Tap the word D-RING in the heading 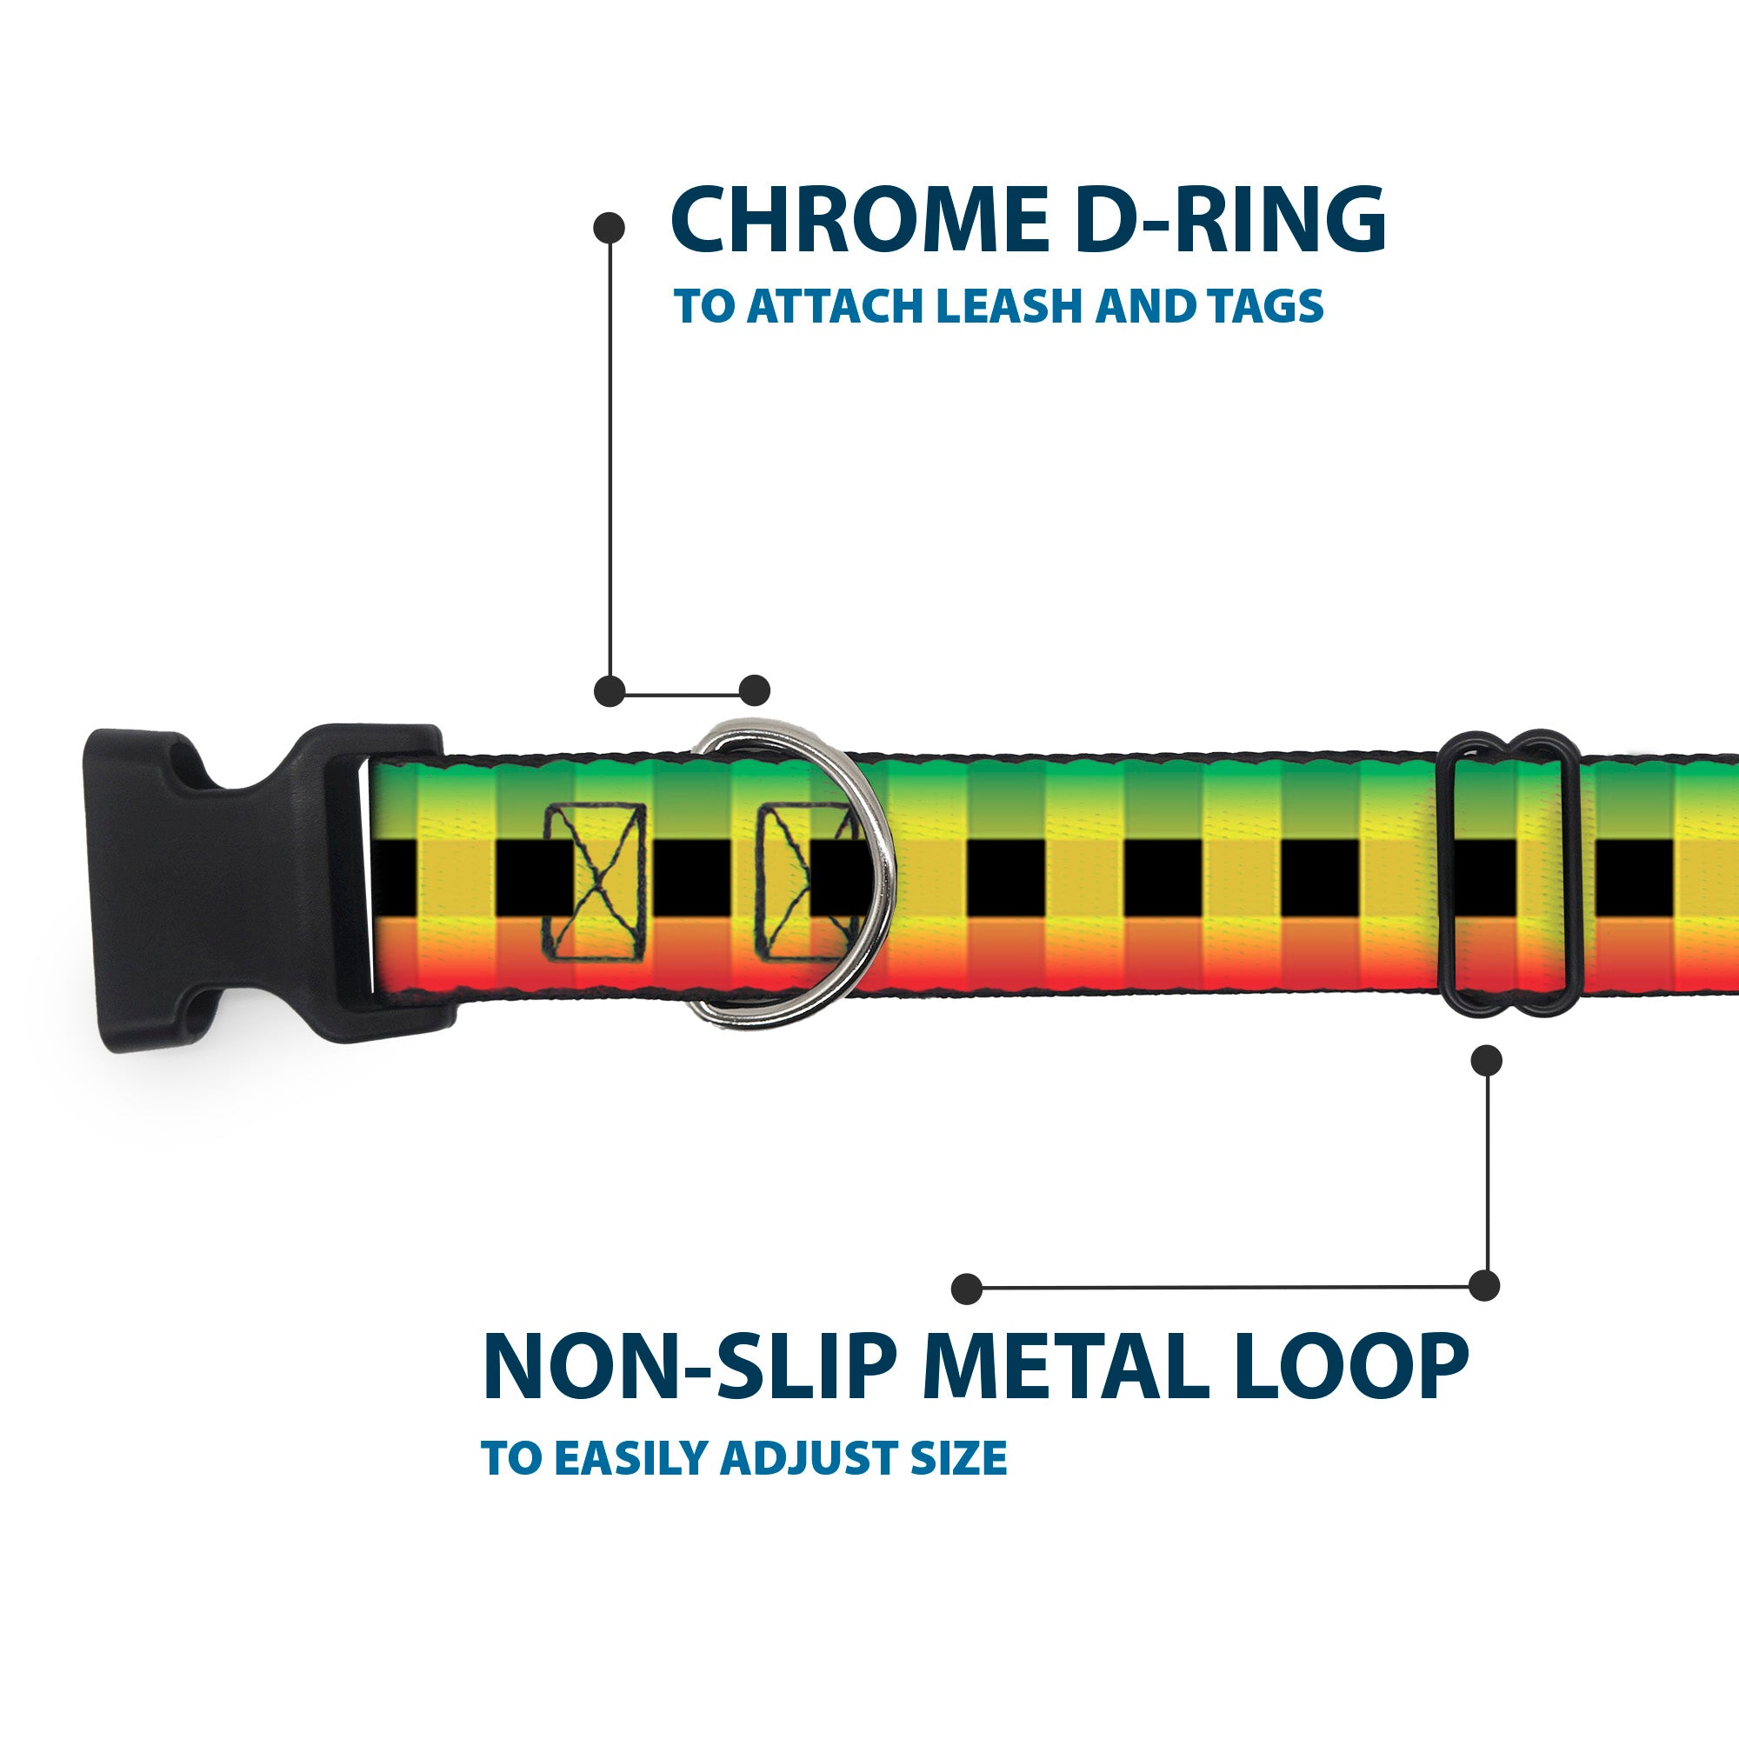click(x=1229, y=220)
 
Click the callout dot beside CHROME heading click(x=610, y=228)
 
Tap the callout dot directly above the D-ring click(x=754, y=690)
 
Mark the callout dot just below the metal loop click(x=1485, y=1061)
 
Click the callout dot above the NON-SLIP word click(x=967, y=1288)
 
